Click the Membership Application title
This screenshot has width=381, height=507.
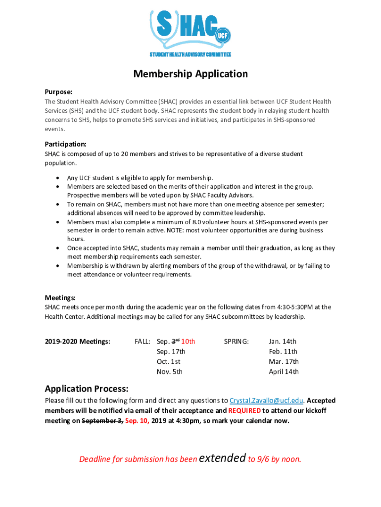click(x=190, y=74)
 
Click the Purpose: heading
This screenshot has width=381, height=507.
click(x=59, y=92)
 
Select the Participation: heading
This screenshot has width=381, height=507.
click(x=66, y=144)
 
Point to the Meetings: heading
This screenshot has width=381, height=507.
click(x=60, y=298)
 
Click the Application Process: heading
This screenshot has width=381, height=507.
click(x=87, y=388)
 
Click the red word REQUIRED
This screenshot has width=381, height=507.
click(x=244, y=410)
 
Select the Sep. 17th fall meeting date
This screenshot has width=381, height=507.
click(x=171, y=352)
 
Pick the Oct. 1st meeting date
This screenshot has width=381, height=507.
click(x=168, y=361)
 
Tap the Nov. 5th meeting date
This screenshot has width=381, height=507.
click(x=169, y=371)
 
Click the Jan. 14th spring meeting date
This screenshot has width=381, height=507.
click(x=283, y=341)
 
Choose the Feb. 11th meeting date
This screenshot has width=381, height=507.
click(x=283, y=352)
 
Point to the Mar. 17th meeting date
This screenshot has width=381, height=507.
click(x=284, y=361)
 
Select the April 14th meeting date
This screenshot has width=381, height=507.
click(x=284, y=371)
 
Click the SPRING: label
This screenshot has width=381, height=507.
click(x=237, y=341)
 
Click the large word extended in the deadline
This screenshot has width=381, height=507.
click(x=222, y=457)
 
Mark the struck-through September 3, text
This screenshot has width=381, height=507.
click(x=102, y=421)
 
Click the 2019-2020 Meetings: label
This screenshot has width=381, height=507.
click(x=77, y=341)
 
